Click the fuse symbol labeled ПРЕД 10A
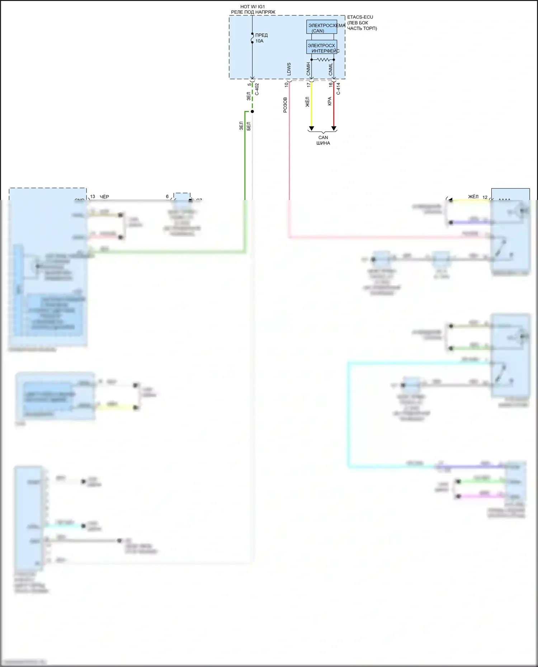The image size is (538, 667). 253,38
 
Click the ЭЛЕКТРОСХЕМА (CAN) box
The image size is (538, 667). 321,27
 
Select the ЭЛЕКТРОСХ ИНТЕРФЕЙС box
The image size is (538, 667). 321,47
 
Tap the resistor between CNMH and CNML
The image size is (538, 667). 323,59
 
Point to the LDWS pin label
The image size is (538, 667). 289,69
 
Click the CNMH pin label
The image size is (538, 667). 308,69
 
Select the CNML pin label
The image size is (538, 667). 331,69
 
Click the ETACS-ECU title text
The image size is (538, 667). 360,17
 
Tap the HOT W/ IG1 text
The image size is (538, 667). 253,7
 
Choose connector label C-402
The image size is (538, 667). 257,89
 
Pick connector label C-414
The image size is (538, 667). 338,89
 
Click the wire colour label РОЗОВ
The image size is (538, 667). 285,105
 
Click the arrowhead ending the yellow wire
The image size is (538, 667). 311,128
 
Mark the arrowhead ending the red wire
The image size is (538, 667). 334,128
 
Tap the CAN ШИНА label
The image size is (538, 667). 323,140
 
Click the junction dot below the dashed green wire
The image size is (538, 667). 252,111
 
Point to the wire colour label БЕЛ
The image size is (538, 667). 249,126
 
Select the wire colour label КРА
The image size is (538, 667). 330,101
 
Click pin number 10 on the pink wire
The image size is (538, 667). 286,85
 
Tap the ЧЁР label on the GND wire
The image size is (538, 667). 104,197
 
